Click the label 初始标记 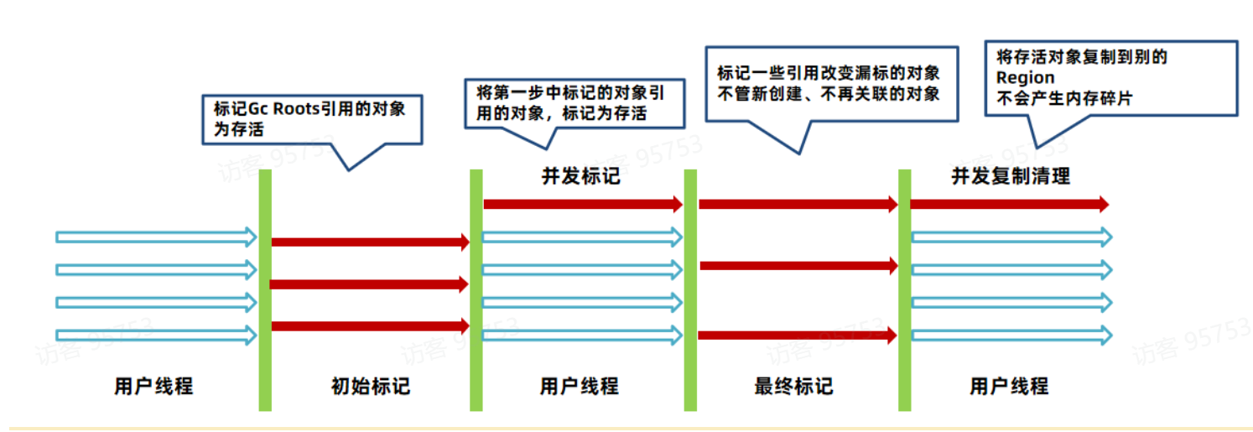370,387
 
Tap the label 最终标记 793,387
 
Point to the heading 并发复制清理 1010,177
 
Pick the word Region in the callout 1025,78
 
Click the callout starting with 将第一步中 564,102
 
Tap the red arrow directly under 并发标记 583,203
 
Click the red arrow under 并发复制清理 1009,204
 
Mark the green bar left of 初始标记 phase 265,289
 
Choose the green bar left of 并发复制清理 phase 905,289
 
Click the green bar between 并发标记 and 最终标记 690,289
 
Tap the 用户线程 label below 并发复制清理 1009,387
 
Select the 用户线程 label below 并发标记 579,387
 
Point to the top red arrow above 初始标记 369,242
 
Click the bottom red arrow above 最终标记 798,336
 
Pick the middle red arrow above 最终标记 798,266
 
